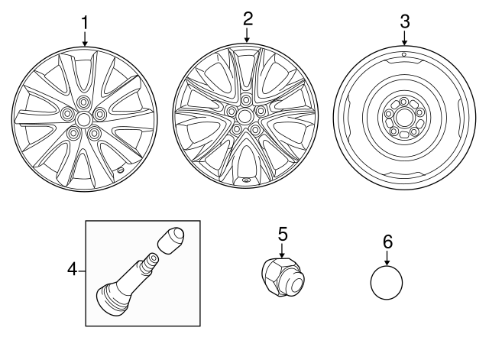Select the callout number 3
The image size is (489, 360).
click(404, 18)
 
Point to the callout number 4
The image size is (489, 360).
click(73, 269)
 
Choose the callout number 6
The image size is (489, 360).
click(387, 241)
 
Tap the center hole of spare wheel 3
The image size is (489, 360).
click(403, 117)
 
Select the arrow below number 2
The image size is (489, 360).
click(246, 34)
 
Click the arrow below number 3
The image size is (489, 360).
click(404, 37)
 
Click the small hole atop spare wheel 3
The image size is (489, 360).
click(403, 56)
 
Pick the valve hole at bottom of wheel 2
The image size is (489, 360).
click(246, 181)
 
